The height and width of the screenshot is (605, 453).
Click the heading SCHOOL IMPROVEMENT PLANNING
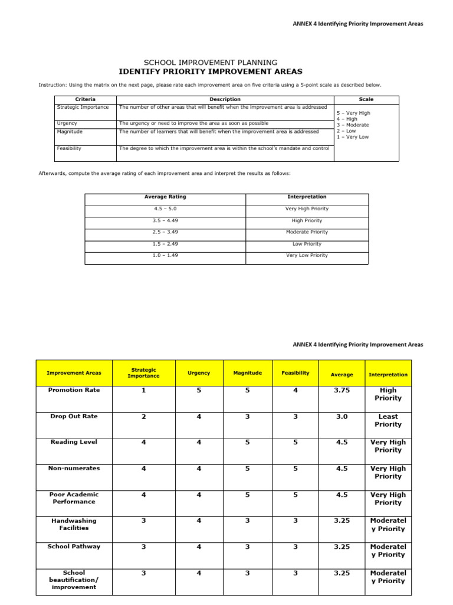(x=211, y=63)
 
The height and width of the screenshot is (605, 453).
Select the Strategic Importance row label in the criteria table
(x=83, y=107)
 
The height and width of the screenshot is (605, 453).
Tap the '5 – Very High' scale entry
(x=353, y=113)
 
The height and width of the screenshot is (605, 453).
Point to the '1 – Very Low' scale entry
(x=352, y=137)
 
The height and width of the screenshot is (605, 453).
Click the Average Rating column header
(x=165, y=197)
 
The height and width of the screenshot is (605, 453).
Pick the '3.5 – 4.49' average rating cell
(x=165, y=220)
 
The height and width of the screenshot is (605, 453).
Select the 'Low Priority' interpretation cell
(x=307, y=243)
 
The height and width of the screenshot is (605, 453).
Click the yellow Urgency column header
(x=199, y=373)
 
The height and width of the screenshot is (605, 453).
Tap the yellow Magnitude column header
(x=247, y=373)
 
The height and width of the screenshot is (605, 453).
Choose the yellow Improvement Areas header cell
(x=74, y=373)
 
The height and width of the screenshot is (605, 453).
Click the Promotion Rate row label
(x=74, y=390)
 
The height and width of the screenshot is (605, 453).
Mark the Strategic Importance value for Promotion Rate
(x=143, y=391)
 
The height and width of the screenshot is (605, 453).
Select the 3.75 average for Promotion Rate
(x=342, y=391)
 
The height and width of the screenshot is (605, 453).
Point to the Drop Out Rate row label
(x=74, y=417)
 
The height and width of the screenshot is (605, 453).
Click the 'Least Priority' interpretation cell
(x=388, y=421)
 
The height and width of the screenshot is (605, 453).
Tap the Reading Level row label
(x=74, y=442)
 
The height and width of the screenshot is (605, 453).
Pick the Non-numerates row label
(x=74, y=469)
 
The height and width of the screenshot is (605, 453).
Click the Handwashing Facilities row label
(x=74, y=525)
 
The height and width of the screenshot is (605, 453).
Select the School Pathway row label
(x=74, y=547)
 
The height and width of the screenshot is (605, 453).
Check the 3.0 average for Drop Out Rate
(x=342, y=417)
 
